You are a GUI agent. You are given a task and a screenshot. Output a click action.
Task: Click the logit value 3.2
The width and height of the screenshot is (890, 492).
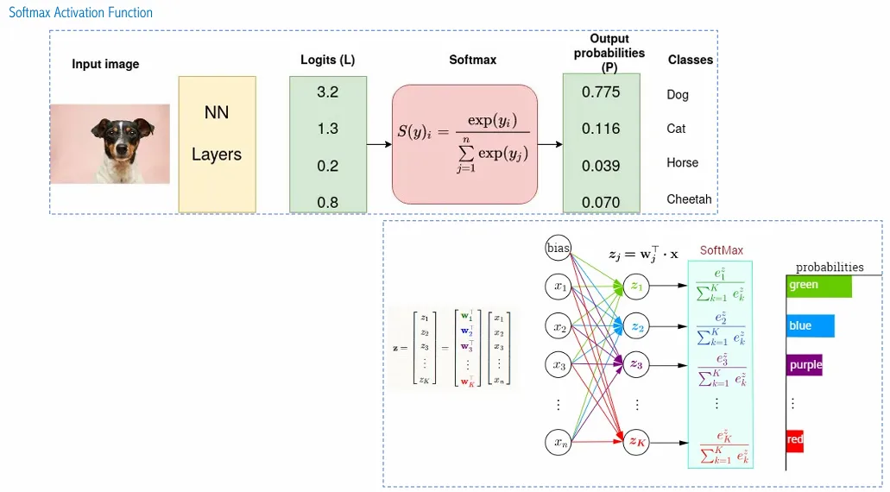(x=327, y=91)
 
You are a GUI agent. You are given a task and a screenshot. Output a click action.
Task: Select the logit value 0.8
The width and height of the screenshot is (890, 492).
(x=327, y=203)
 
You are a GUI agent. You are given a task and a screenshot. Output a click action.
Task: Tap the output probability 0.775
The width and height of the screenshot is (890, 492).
(x=601, y=91)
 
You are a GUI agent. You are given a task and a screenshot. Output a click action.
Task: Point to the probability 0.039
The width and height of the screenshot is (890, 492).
(x=601, y=166)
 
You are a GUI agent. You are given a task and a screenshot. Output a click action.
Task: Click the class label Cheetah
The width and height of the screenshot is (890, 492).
(x=689, y=199)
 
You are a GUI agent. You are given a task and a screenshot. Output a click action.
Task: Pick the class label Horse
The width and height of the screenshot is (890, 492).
(x=682, y=163)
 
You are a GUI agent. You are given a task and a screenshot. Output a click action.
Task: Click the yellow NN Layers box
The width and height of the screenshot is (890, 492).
(x=217, y=144)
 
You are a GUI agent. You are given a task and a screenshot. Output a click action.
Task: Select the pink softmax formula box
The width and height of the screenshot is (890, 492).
(x=464, y=144)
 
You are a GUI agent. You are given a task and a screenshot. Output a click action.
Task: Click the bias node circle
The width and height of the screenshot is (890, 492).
(x=559, y=249)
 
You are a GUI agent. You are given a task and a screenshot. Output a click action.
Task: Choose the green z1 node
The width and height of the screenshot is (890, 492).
(x=636, y=286)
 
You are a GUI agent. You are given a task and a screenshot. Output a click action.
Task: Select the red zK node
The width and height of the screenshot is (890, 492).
(x=636, y=442)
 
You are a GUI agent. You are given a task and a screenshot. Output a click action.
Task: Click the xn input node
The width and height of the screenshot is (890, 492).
(x=559, y=444)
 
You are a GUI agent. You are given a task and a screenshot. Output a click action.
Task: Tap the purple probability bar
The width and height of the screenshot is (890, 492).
(x=805, y=365)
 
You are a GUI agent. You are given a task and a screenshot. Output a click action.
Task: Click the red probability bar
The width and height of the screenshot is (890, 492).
(x=795, y=440)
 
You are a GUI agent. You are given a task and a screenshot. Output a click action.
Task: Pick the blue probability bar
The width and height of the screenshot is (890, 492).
(x=810, y=326)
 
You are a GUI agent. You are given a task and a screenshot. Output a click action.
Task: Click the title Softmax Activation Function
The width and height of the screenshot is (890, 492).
(x=80, y=13)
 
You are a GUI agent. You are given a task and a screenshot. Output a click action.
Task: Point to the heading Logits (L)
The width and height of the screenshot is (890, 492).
(x=327, y=60)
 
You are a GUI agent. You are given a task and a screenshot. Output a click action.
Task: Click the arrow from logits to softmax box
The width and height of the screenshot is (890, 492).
(x=379, y=144)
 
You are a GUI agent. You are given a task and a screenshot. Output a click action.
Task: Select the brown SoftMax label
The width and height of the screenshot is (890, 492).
(x=721, y=250)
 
